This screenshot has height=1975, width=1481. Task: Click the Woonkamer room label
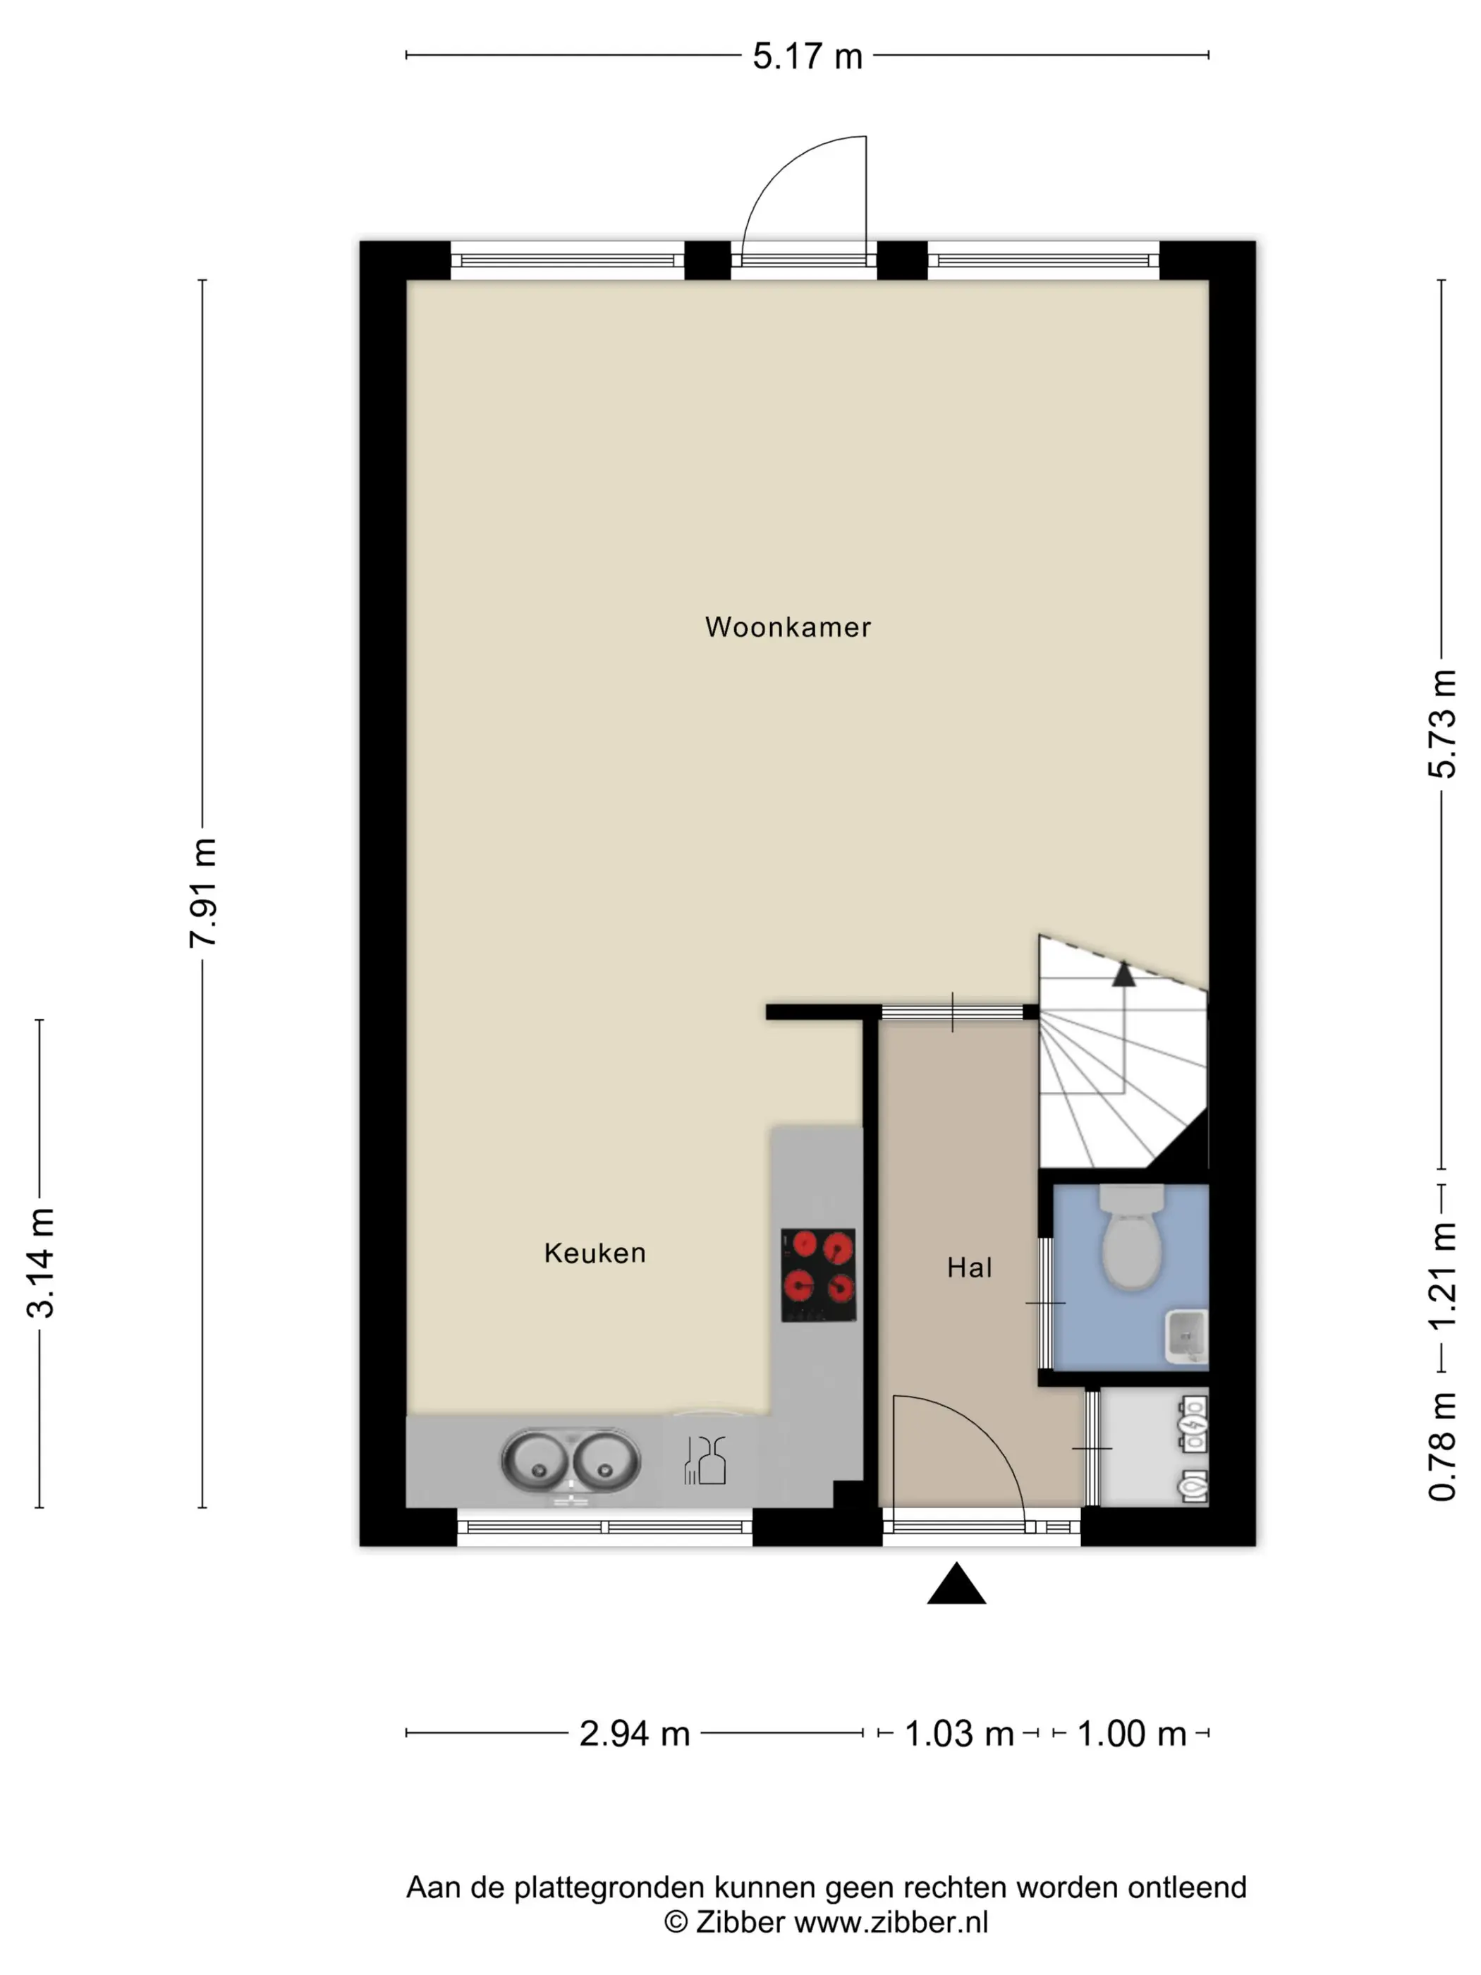pos(787,627)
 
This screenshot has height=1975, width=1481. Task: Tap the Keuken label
pos(595,1253)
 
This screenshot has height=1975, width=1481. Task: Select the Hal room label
pos(970,1268)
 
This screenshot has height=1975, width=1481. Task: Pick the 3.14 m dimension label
pos(41,1263)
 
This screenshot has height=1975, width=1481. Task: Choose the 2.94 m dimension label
pos(635,1734)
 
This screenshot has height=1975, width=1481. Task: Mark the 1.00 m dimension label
pos(1131,1734)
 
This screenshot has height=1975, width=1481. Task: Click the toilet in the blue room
pos(1131,1236)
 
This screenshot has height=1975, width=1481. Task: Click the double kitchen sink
pos(571,1461)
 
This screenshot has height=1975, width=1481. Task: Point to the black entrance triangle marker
pos(956,1584)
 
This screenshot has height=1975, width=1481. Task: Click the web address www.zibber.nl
pos(891,1921)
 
